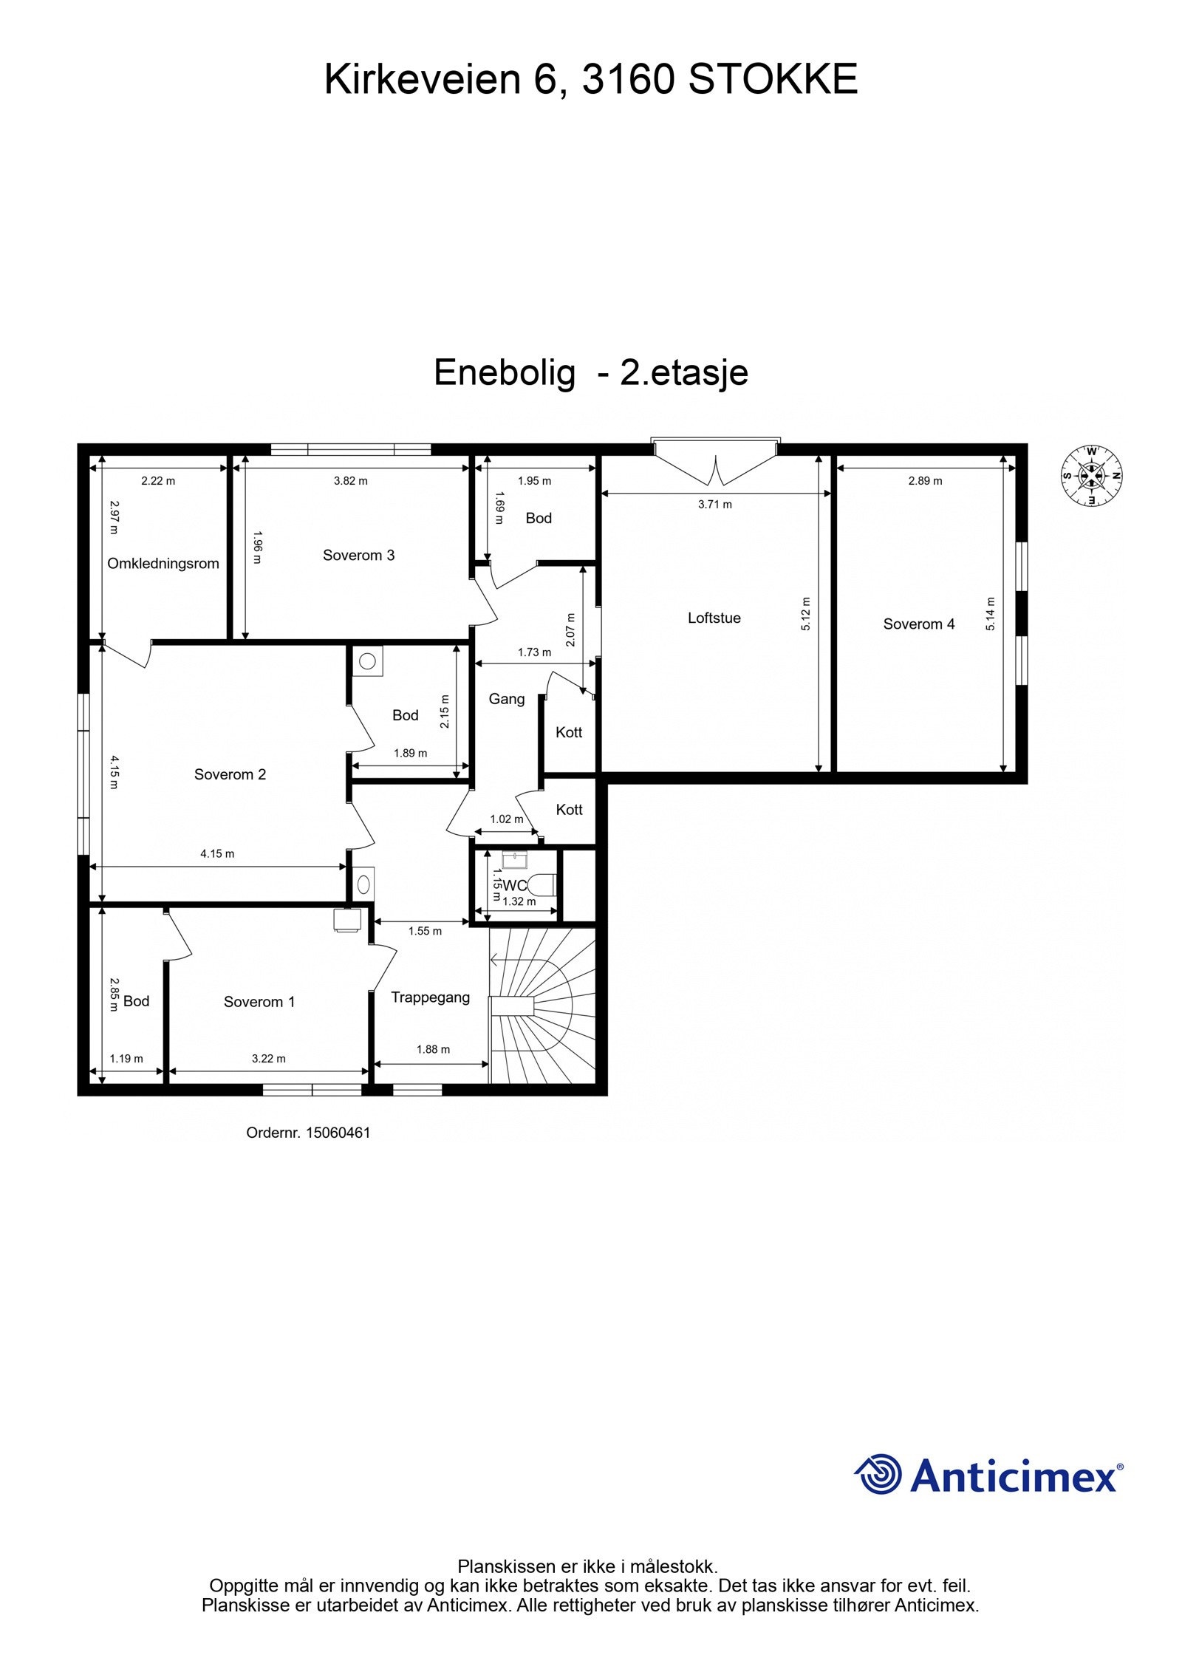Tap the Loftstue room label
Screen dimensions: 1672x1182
[714, 618]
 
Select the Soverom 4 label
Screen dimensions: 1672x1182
[918, 624]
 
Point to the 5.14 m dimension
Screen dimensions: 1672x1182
[991, 613]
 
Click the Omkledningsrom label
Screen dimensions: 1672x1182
[163, 564]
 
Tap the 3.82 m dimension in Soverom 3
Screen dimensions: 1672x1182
[350, 480]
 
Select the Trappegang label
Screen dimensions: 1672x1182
[430, 997]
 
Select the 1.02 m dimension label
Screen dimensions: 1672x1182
[506, 819]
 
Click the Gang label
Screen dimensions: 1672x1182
[507, 699]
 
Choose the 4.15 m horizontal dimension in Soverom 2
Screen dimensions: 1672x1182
[217, 853]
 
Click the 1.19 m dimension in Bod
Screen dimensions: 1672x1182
[126, 1058]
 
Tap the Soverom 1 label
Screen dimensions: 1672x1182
[259, 1002]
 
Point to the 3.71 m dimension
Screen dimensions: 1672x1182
[714, 505]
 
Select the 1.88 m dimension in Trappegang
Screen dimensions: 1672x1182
[433, 1049]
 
